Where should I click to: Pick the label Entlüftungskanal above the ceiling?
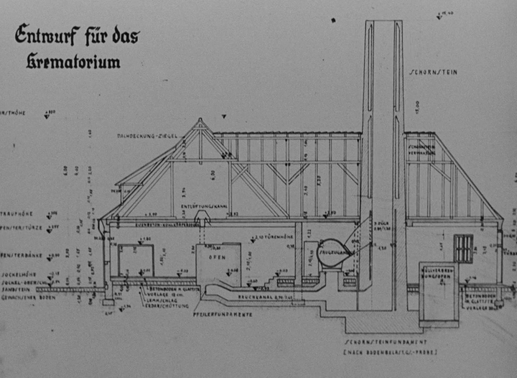tap(200, 206)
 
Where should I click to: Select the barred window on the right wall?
tap(464, 248)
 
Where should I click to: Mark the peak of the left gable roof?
tap(200, 120)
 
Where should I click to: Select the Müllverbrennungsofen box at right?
tap(438, 290)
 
